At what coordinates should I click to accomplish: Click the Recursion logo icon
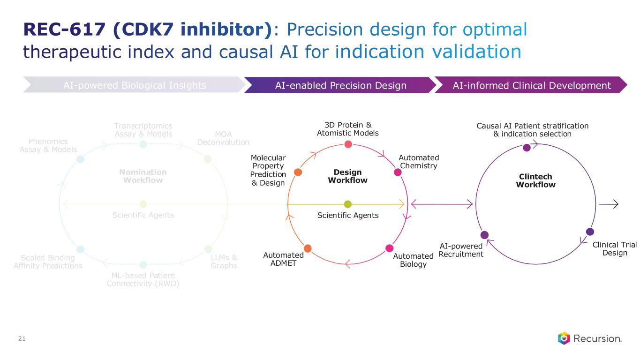point(564,338)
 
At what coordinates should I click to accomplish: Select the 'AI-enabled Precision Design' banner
point(340,85)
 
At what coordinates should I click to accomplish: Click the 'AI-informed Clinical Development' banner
point(531,85)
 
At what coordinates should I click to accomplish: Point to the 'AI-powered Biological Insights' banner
point(135,85)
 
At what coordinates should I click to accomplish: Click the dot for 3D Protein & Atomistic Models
point(348,144)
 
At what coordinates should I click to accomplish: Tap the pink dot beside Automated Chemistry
point(398,172)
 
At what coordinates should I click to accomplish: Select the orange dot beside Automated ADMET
point(308,248)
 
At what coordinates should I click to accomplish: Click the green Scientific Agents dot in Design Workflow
point(347,204)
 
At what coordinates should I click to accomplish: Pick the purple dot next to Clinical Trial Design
point(590,232)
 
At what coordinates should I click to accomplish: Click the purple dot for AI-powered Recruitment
point(484,234)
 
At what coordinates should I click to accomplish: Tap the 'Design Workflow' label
point(347,176)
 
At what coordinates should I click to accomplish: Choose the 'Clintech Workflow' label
point(535,180)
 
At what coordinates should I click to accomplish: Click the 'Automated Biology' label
point(413,260)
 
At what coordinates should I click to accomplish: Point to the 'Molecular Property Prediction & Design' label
point(268,170)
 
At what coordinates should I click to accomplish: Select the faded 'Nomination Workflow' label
point(143,176)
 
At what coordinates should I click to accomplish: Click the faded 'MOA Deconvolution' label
point(223,138)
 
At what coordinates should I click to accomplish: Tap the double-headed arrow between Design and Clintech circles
point(442,204)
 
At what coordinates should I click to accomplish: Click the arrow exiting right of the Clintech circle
point(609,204)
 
